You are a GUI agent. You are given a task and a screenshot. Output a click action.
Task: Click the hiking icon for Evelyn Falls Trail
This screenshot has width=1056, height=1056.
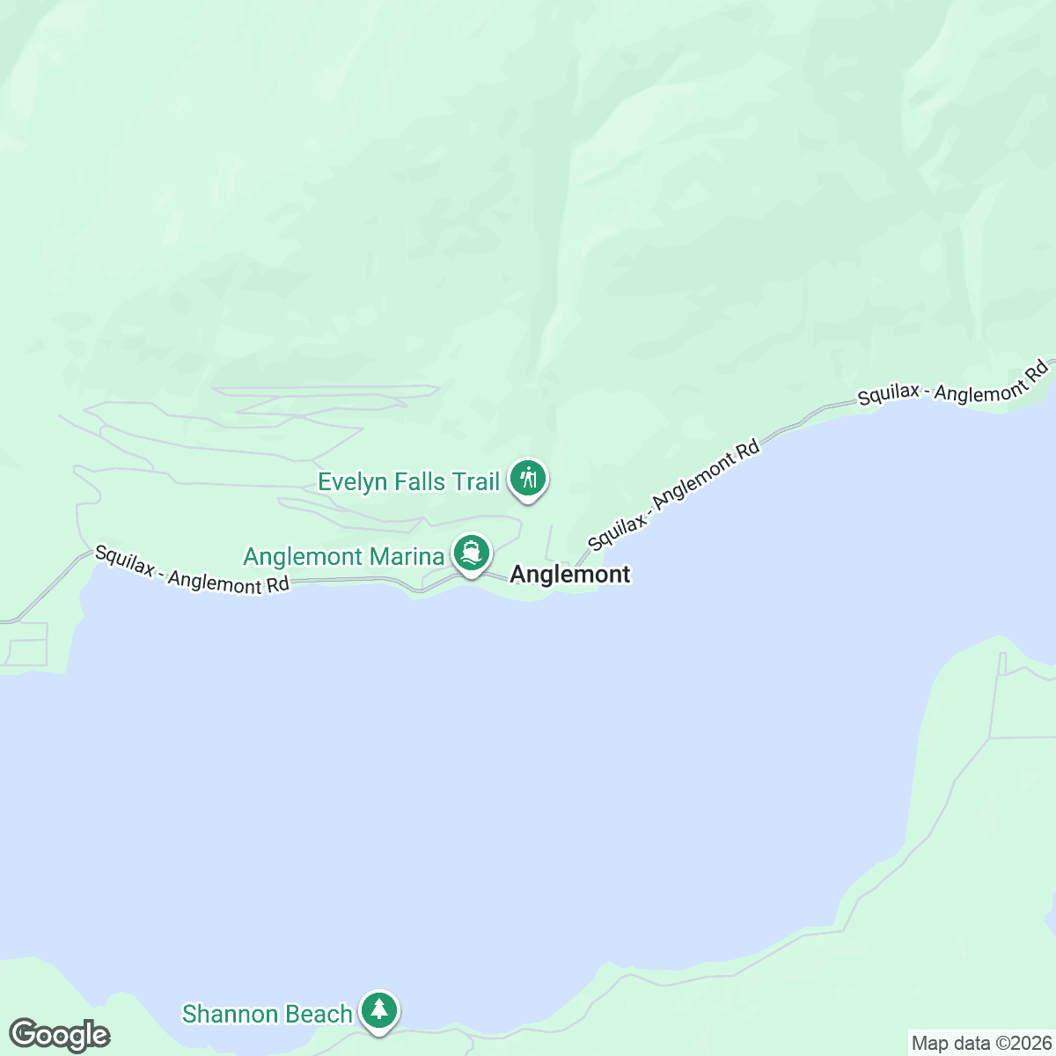528,480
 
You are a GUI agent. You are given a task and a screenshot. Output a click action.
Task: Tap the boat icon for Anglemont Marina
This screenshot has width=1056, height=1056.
472,554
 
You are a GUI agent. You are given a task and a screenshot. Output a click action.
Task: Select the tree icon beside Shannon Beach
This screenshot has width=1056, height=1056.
379,1009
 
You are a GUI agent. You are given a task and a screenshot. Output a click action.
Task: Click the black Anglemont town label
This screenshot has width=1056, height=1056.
570,575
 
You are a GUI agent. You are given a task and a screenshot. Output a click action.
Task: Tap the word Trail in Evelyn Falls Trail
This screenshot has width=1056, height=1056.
476,481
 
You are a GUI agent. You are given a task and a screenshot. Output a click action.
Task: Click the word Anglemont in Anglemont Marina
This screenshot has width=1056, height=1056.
303,557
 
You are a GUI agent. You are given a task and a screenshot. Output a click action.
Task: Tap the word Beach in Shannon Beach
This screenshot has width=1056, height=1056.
317,1014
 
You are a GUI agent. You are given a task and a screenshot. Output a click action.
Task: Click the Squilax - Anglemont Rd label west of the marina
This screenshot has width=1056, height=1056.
192,570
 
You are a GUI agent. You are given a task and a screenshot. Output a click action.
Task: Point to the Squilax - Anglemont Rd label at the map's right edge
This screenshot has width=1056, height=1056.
954,383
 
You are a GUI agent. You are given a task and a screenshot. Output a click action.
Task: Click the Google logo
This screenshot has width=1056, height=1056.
59,1036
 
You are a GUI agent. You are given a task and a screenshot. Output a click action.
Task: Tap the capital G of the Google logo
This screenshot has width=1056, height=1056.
24,1035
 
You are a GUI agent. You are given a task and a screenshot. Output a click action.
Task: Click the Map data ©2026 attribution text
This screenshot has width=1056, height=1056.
981,1044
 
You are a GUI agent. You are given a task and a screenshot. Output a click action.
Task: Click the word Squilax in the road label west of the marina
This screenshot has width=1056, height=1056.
123,560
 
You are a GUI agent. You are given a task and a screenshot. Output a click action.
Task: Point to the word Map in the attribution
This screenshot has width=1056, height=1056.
928,1044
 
